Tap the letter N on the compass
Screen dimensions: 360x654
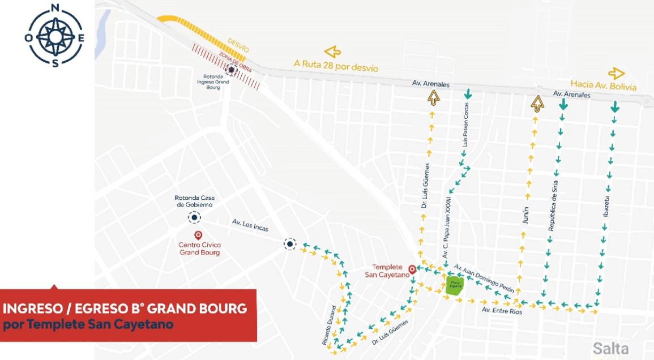click(55, 8)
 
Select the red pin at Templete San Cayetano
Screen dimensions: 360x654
click(412, 270)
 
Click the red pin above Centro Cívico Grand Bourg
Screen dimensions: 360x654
click(198, 235)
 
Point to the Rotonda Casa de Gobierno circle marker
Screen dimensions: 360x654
click(195, 217)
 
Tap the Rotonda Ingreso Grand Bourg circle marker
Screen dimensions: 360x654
click(231, 70)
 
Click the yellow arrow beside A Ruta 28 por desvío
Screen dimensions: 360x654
click(332, 52)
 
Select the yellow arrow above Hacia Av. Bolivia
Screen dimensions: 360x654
click(616, 74)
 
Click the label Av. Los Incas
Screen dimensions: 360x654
click(250, 224)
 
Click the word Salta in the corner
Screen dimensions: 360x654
click(610, 348)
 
